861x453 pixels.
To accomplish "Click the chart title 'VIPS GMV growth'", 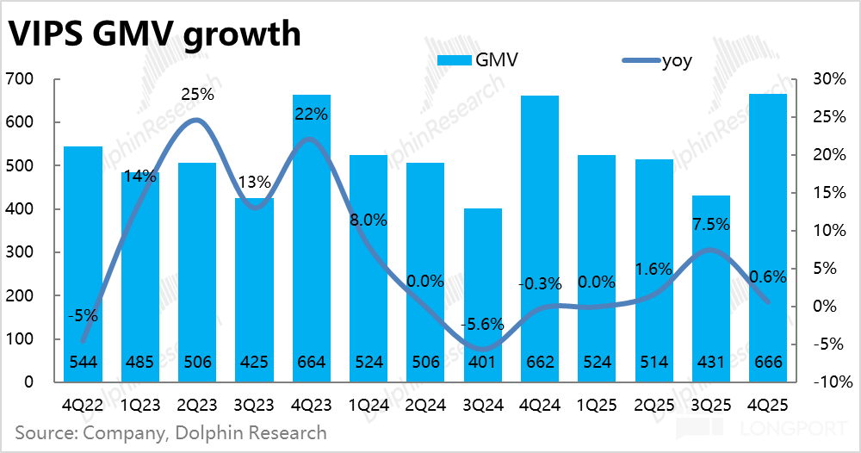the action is pos(155,34).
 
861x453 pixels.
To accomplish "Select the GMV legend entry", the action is pos(478,59).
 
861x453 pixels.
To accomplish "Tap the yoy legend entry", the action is pos(657,60).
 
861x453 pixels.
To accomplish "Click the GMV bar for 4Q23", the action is pos(312,239).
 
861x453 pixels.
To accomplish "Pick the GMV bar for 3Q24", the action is pos(483,295).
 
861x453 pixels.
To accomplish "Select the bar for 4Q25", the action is pos(768,238).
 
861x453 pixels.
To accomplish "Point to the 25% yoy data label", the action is pos(198,95).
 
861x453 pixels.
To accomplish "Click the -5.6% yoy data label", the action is pos(482,325).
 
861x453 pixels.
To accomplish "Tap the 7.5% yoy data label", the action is pos(710,224).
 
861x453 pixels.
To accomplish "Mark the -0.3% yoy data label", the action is pos(540,284).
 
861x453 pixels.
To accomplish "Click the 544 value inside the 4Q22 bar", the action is pos(84,363).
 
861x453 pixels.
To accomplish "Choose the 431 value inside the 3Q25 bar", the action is pos(711,363).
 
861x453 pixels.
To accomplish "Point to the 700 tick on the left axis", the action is pos(19,79).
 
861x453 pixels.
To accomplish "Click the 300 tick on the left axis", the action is pos(19,252).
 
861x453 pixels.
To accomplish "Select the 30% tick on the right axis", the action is pos(829,79).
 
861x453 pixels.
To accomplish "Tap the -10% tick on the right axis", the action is pos(833,382).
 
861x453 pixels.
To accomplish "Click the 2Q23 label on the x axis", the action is pos(197,406).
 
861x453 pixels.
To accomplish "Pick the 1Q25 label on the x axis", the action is pos(597,406).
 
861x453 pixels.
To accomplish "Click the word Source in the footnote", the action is pos(46,432).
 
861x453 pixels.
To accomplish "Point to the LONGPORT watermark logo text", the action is pos(794,428).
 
